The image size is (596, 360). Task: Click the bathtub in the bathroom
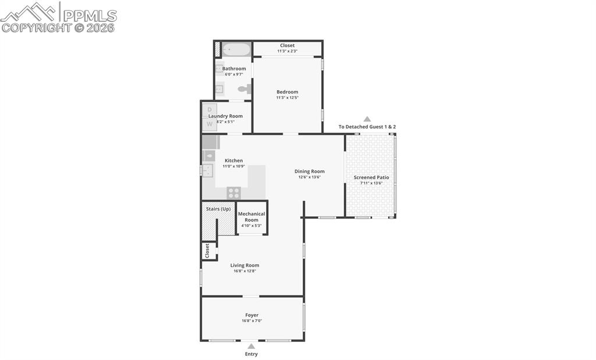236,49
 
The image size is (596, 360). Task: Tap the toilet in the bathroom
244,89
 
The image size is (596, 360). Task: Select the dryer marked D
210,110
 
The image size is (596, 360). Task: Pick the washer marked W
210,124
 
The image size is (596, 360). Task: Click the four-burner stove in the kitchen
233,193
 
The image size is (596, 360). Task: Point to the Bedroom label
287,92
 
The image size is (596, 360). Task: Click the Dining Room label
309,171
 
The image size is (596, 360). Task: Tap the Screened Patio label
371,177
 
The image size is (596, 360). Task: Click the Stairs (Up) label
218,209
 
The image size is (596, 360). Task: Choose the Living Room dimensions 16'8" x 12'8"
244,271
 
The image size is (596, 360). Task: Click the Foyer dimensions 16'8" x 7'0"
251,321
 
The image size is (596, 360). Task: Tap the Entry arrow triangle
251,346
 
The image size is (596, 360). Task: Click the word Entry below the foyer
251,354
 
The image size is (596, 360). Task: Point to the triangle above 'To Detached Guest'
367,119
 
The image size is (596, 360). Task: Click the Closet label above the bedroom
287,45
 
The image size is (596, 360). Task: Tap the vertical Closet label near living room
207,251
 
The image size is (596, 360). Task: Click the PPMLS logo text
90,16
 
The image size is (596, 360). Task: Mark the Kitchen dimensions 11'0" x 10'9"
233,166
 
